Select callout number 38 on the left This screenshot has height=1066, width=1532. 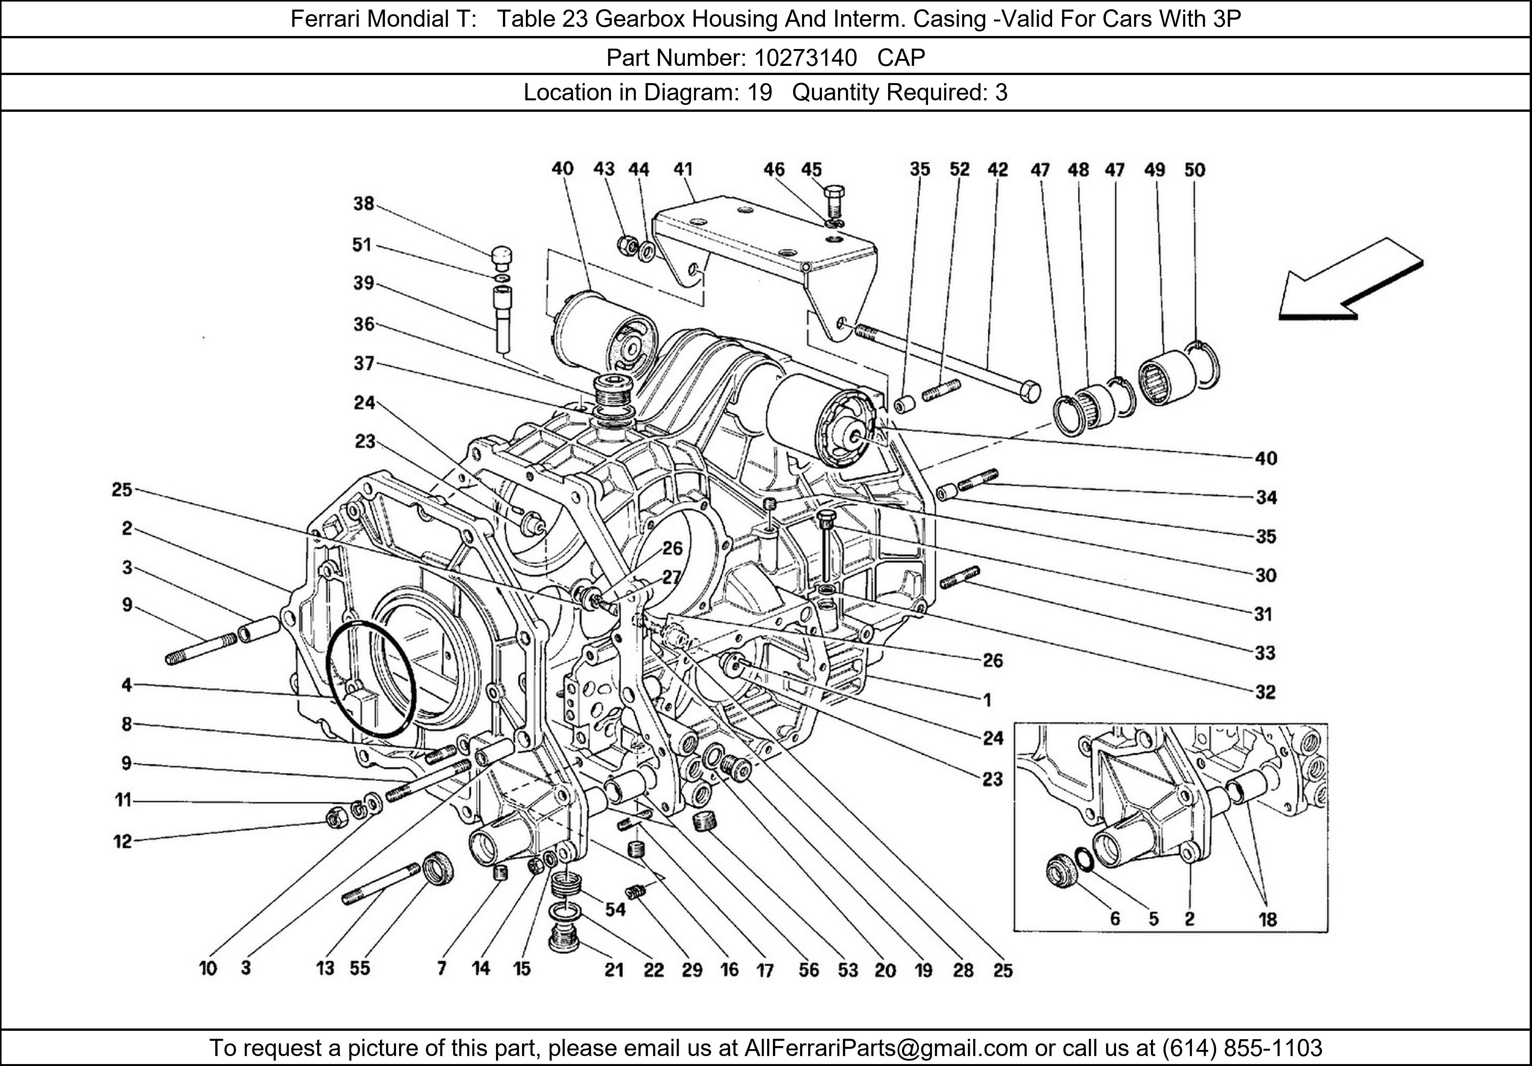click(363, 203)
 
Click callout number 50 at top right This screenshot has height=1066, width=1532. click(1194, 170)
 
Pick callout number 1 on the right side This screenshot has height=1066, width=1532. click(987, 700)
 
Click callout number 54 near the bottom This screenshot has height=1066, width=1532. click(615, 909)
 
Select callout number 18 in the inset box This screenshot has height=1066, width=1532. click(1267, 920)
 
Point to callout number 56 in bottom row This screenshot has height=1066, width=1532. click(808, 969)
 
